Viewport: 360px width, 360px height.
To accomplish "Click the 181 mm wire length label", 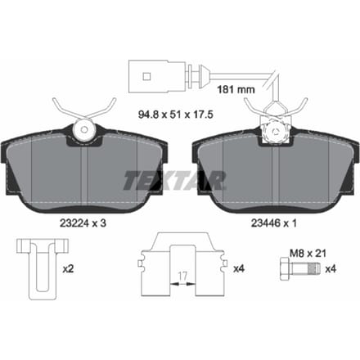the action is pyautogui.click(x=236, y=89).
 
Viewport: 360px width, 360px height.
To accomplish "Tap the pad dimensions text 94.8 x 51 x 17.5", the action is pyautogui.click(x=176, y=115).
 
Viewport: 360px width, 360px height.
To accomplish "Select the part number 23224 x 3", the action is pyautogui.click(x=83, y=223).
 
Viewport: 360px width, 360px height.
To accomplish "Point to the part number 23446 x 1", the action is pyautogui.click(x=273, y=223).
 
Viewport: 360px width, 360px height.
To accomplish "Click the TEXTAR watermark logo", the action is pyautogui.click(x=175, y=181).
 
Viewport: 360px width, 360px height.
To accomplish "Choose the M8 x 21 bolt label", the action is pyautogui.click(x=308, y=254).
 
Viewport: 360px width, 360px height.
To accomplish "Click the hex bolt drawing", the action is pyautogui.click(x=299, y=269).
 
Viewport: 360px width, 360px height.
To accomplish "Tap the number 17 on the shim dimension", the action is pyautogui.click(x=182, y=277).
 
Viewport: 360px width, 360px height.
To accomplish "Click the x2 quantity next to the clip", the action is pyautogui.click(x=68, y=269).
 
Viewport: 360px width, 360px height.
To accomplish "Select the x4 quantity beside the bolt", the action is pyautogui.click(x=331, y=269).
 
